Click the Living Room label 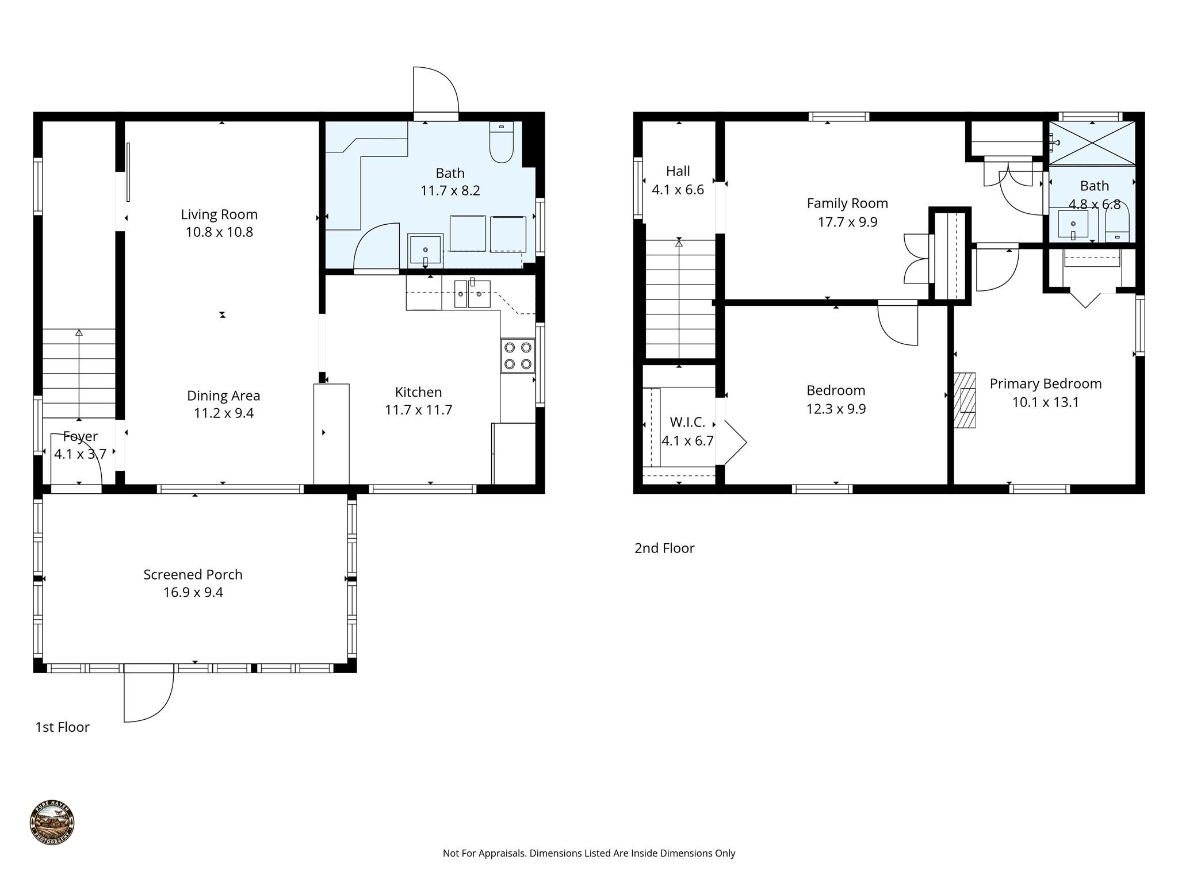(x=219, y=214)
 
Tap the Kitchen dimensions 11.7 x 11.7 (x=418, y=410)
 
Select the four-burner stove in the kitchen (x=518, y=356)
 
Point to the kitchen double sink (x=472, y=294)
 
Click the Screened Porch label (x=193, y=574)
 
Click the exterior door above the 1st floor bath (x=435, y=92)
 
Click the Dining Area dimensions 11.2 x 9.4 (x=224, y=413)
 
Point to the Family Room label (x=847, y=204)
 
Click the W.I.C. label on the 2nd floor (x=687, y=423)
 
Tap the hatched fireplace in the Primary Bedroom (x=965, y=400)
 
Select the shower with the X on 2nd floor (x=1092, y=143)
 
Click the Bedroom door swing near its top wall (x=897, y=325)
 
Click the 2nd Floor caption (x=664, y=548)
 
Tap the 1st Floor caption (x=62, y=727)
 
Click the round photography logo (x=52, y=823)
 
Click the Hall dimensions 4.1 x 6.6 (x=678, y=190)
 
